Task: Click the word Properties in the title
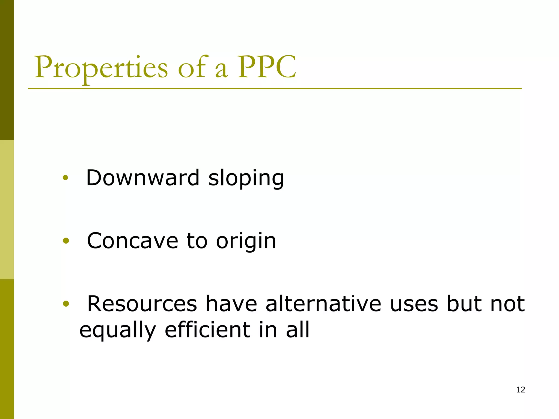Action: pyautogui.click(x=101, y=68)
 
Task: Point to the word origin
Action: pyautogui.click(x=246, y=242)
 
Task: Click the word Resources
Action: pyautogui.click(x=142, y=304)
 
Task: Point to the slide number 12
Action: pyautogui.click(x=521, y=390)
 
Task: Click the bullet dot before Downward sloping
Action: pyautogui.click(x=65, y=178)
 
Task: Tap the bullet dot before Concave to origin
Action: pyautogui.click(x=66, y=241)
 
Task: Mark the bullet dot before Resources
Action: pyautogui.click(x=66, y=304)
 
